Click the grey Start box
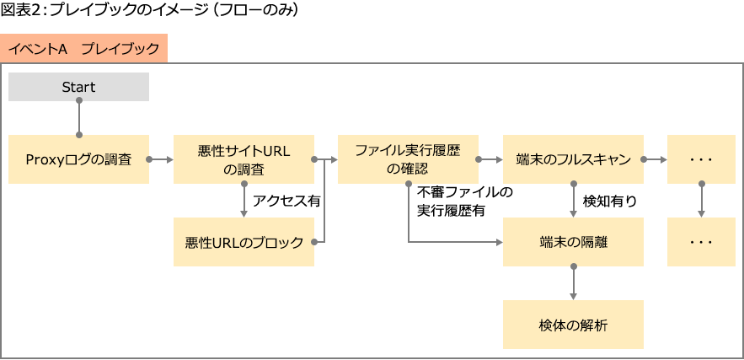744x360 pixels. tap(78, 87)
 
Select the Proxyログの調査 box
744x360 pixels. tap(78, 159)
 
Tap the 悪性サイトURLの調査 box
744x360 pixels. tap(244, 159)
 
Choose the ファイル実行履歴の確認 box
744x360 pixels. tap(408, 159)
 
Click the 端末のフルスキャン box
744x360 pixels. tap(573, 159)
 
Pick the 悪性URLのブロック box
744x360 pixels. tap(244, 242)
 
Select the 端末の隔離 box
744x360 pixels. tap(573, 242)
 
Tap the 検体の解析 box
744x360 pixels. tap(573, 325)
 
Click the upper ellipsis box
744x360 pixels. tap(701, 159)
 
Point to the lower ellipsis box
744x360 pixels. tap(701, 242)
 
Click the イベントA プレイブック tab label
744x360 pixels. tap(83, 48)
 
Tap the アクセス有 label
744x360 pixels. tap(286, 201)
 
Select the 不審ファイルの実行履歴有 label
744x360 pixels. tap(464, 202)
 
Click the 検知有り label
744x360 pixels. tap(610, 201)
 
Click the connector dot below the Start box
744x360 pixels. tap(79, 101)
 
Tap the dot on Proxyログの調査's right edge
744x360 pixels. tap(149, 159)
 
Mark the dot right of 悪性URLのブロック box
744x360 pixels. tap(313, 242)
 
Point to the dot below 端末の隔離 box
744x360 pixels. tap(573, 266)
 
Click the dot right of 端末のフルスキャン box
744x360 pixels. tap(644, 159)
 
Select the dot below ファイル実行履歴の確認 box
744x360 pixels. tap(409, 183)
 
